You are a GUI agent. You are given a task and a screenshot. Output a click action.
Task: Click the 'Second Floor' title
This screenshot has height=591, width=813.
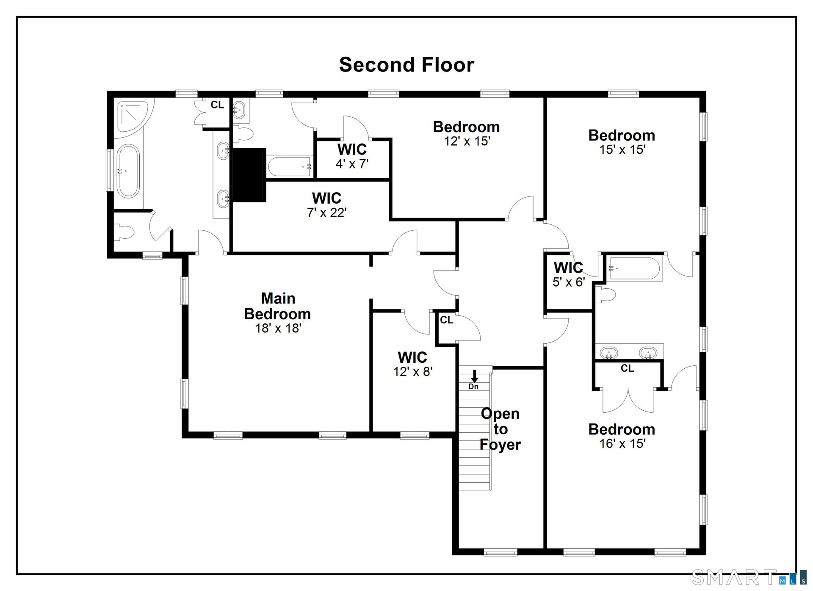point(406,65)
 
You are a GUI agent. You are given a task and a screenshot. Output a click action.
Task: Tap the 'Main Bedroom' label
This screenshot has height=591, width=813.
point(278,306)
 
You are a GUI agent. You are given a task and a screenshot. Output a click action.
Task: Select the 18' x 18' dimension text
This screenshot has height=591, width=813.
point(278,328)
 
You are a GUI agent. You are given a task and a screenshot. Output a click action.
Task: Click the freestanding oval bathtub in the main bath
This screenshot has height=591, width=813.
point(127,171)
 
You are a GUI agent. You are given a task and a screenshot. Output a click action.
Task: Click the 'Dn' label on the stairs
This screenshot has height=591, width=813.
point(473,387)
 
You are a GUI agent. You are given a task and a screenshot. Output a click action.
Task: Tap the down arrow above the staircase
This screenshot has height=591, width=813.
point(475,376)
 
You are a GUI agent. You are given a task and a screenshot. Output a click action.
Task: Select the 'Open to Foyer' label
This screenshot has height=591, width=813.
point(500,429)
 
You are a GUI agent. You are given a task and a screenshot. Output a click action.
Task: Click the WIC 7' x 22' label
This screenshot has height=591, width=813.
point(326,205)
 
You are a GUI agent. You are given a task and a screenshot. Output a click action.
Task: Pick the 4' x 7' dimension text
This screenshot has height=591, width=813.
point(352,164)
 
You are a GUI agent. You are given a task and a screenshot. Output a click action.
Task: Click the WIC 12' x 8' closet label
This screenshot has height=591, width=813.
point(412,364)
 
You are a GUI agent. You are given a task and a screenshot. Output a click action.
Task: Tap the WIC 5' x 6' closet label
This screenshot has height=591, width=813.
point(568,274)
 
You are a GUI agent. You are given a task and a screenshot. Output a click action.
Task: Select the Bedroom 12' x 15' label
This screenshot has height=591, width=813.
point(466,133)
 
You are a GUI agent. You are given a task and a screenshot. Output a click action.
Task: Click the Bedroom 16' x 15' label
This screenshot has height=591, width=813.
point(622,436)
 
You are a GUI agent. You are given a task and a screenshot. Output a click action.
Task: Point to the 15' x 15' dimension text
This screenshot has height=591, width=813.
point(622,149)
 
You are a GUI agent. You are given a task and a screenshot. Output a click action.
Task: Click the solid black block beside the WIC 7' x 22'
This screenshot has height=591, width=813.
point(249,175)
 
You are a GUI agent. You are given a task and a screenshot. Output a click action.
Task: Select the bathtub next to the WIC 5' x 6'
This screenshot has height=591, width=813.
point(634,269)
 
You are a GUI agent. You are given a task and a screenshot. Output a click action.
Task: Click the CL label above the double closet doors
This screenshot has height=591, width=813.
point(627,368)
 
